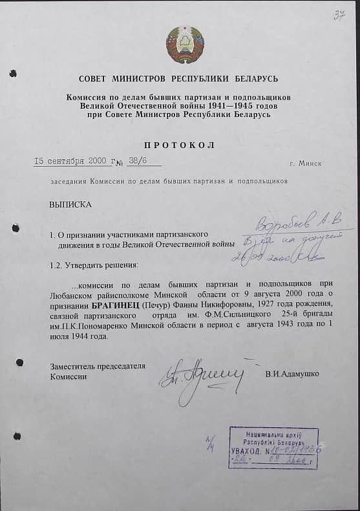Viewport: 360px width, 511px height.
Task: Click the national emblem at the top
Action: [x=185, y=44]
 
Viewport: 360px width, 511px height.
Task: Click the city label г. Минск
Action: [x=306, y=163]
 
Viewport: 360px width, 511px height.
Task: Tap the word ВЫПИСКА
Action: [x=70, y=204]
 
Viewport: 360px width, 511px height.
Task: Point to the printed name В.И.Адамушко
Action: [x=291, y=374]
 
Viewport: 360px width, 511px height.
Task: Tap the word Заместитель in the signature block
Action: [x=74, y=367]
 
